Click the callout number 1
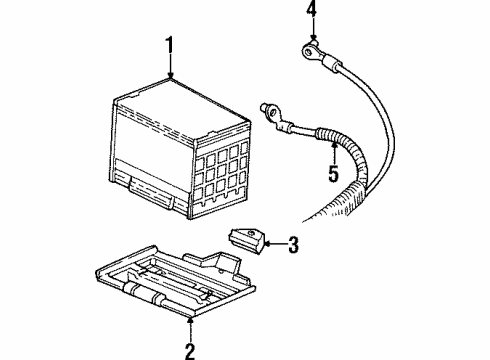[x=170, y=45]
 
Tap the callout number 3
[x=293, y=243]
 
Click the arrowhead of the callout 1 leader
[x=170, y=77]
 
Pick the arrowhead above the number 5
[x=335, y=145]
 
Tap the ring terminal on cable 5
[x=265, y=108]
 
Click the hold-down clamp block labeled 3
[x=246, y=239]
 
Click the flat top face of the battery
[x=180, y=100]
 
